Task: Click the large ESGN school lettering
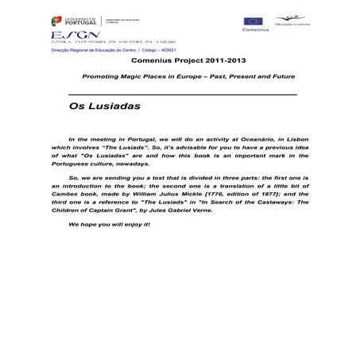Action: pos(66,36)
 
